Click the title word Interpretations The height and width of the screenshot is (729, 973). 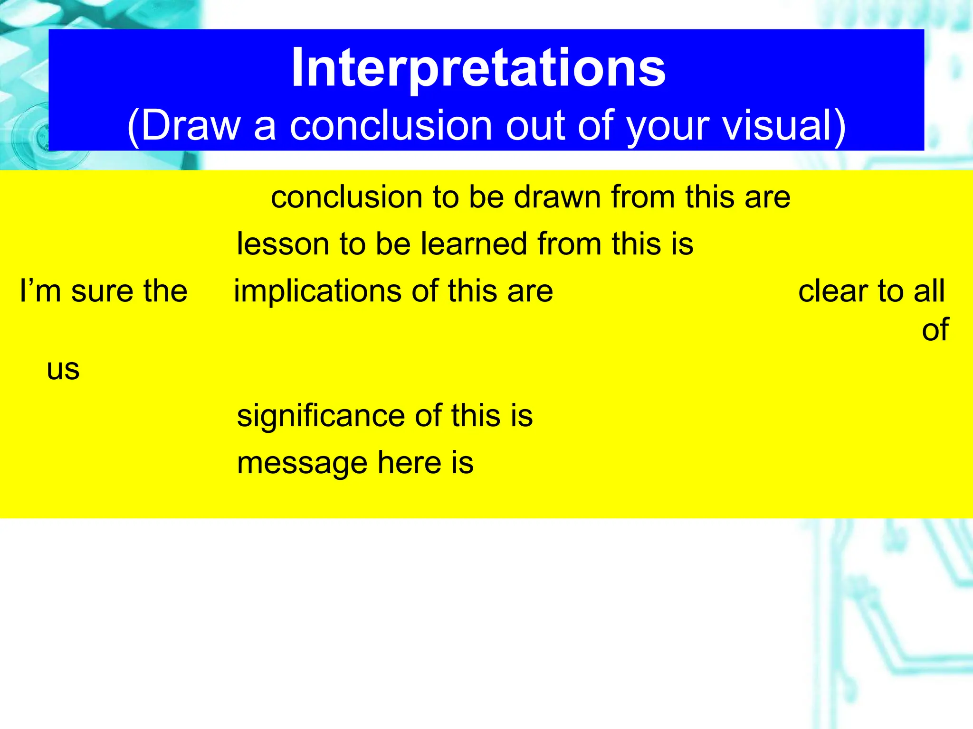(x=478, y=69)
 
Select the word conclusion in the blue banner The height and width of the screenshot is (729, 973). (x=391, y=127)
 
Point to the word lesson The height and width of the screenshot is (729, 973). (x=283, y=244)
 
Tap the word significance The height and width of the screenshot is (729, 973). (x=320, y=416)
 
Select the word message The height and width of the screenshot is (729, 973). (x=302, y=464)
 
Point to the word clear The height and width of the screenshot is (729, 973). (x=832, y=291)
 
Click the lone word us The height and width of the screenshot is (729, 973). (x=63, y=370)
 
